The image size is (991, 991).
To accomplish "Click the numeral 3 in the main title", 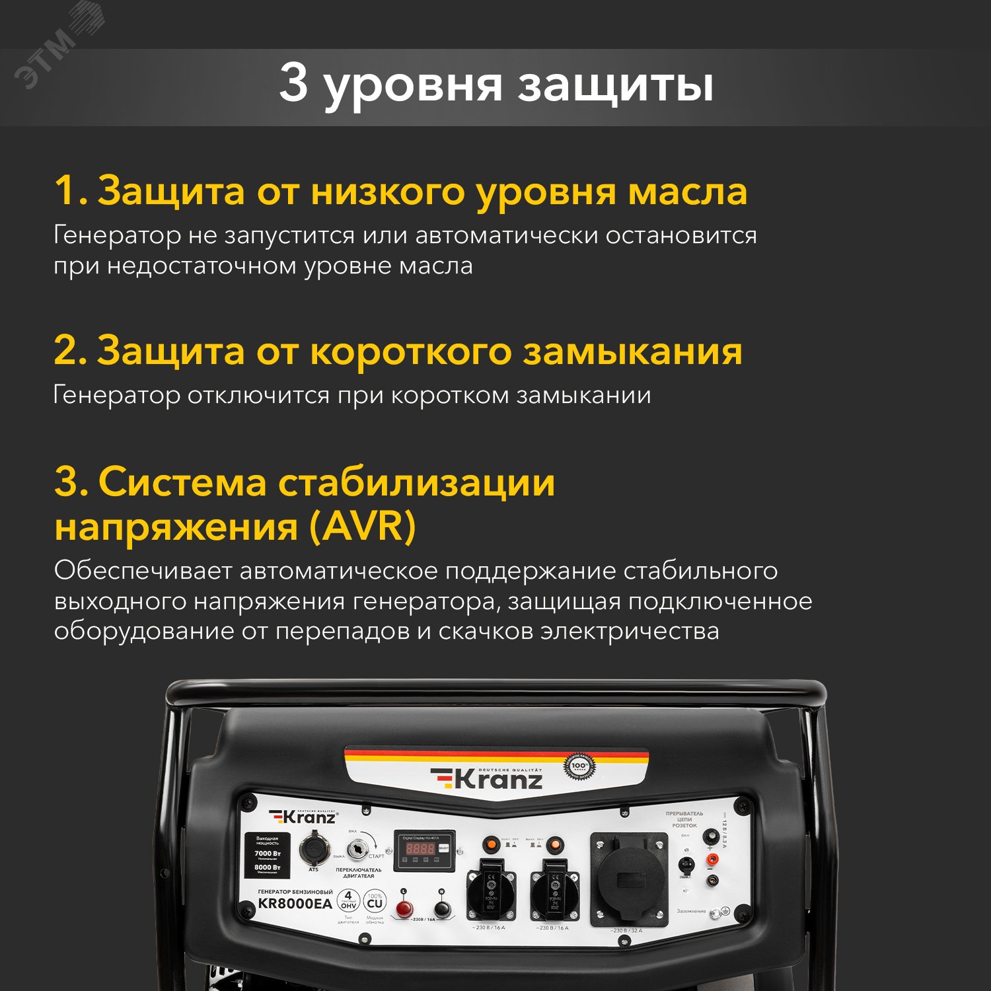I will coord(293,83).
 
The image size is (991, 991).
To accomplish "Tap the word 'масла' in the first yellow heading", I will coord(687,191).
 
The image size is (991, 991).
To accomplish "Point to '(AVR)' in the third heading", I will coord(362,527).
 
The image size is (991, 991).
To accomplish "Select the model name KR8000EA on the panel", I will coord(295,904).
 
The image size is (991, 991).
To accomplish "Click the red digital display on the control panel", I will coord(420,848).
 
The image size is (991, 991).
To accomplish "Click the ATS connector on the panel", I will coord(312,850).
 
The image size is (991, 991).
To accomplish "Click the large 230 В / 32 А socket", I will coord(628,879).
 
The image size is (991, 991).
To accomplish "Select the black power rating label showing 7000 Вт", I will coord(268,855).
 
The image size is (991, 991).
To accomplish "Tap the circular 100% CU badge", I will coord(375,902).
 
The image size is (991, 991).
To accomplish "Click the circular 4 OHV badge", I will coord(348,900).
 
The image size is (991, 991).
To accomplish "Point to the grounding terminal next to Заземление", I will coord(724,912).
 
